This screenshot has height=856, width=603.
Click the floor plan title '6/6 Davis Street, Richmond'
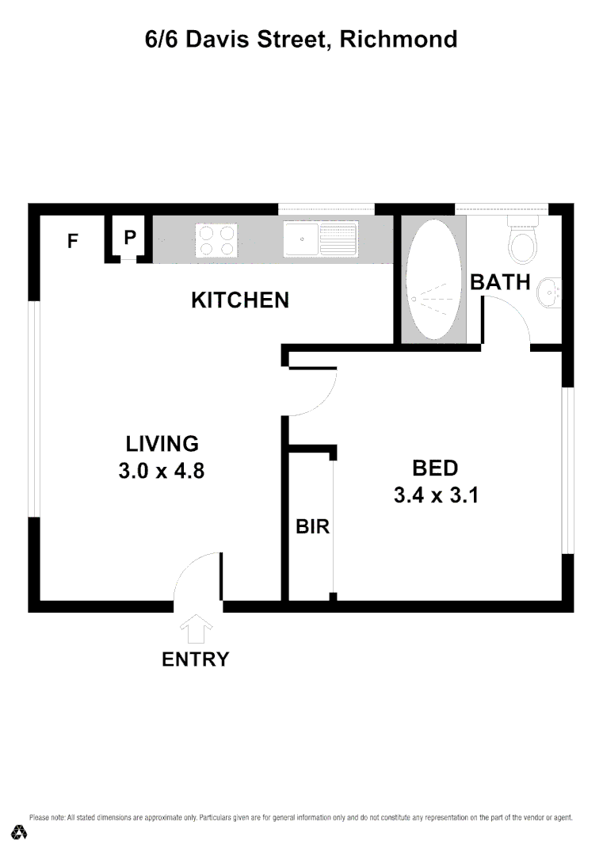[301, 39]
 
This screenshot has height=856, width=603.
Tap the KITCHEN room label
[240, 300]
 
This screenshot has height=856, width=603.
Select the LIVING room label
[162, 443]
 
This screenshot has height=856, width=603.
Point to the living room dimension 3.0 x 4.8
[162, 471]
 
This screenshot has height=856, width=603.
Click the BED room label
[435, 467]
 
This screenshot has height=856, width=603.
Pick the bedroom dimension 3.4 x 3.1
[435, 495]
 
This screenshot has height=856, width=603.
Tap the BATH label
[500, 281]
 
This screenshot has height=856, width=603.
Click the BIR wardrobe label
[312, 526]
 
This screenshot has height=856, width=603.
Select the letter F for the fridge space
[73, 241]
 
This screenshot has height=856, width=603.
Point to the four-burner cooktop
[217, 240]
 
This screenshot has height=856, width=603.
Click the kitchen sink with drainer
[321, 239]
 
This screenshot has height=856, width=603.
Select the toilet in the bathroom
[523, 240]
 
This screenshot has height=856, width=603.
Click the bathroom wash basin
[548, 294]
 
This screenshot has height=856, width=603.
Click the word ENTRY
[195, 659]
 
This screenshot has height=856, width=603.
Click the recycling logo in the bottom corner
[20, 831]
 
